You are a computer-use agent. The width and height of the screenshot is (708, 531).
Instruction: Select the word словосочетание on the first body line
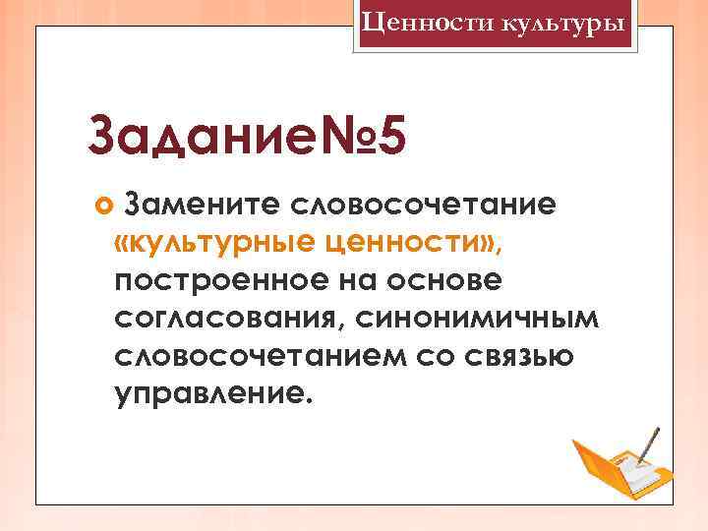coord(424,206)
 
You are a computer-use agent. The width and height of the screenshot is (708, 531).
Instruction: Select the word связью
coord(519,357)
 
